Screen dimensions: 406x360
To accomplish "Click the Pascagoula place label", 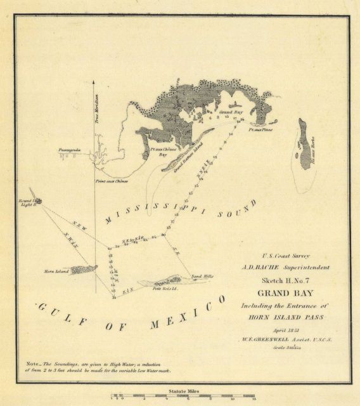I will (69, 150).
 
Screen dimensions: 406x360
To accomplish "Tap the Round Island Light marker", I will (37, 200).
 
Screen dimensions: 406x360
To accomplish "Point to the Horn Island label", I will (56, 271).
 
